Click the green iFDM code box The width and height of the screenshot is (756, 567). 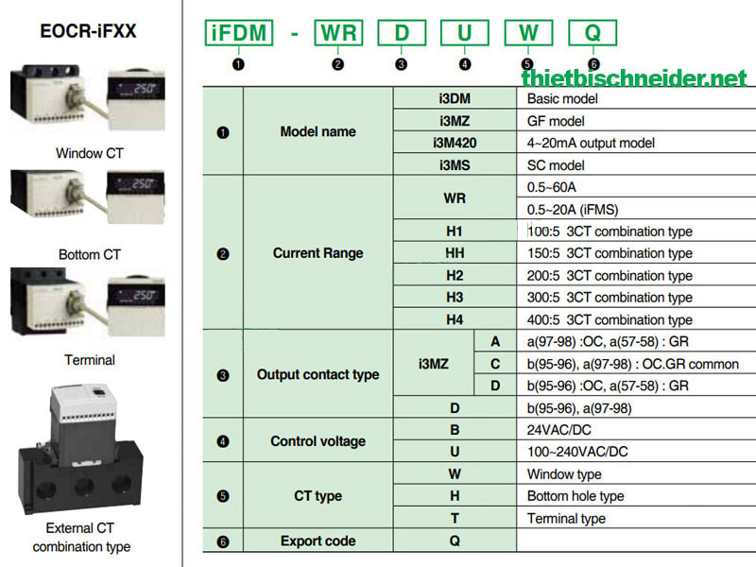tap(239, 33)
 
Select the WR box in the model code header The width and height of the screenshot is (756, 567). tap(338, 33)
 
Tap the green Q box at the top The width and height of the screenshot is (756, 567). tap(593, 33)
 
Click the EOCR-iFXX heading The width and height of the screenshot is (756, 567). tap(88, 31)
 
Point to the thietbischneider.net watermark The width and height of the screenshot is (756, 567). tap(634, 77)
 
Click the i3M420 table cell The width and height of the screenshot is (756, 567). tap(455, 143)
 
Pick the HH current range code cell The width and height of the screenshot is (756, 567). tap(455, 252)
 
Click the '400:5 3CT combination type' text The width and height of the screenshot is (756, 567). tap(610, 319)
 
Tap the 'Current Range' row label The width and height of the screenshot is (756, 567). tap(318, 253)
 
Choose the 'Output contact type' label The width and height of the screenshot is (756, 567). tap(318, 374)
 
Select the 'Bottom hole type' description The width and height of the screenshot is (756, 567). tap(576, 496)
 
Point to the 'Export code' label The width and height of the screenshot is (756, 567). tap(318, 541)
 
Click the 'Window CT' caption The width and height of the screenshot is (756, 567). tap(90, 153)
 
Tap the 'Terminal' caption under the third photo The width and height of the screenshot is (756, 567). tap(90, 360)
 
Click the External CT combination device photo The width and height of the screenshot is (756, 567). tap(80, 449)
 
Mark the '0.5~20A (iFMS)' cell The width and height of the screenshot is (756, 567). tap(573, 210)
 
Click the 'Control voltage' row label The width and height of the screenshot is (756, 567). tap(318, 441)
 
